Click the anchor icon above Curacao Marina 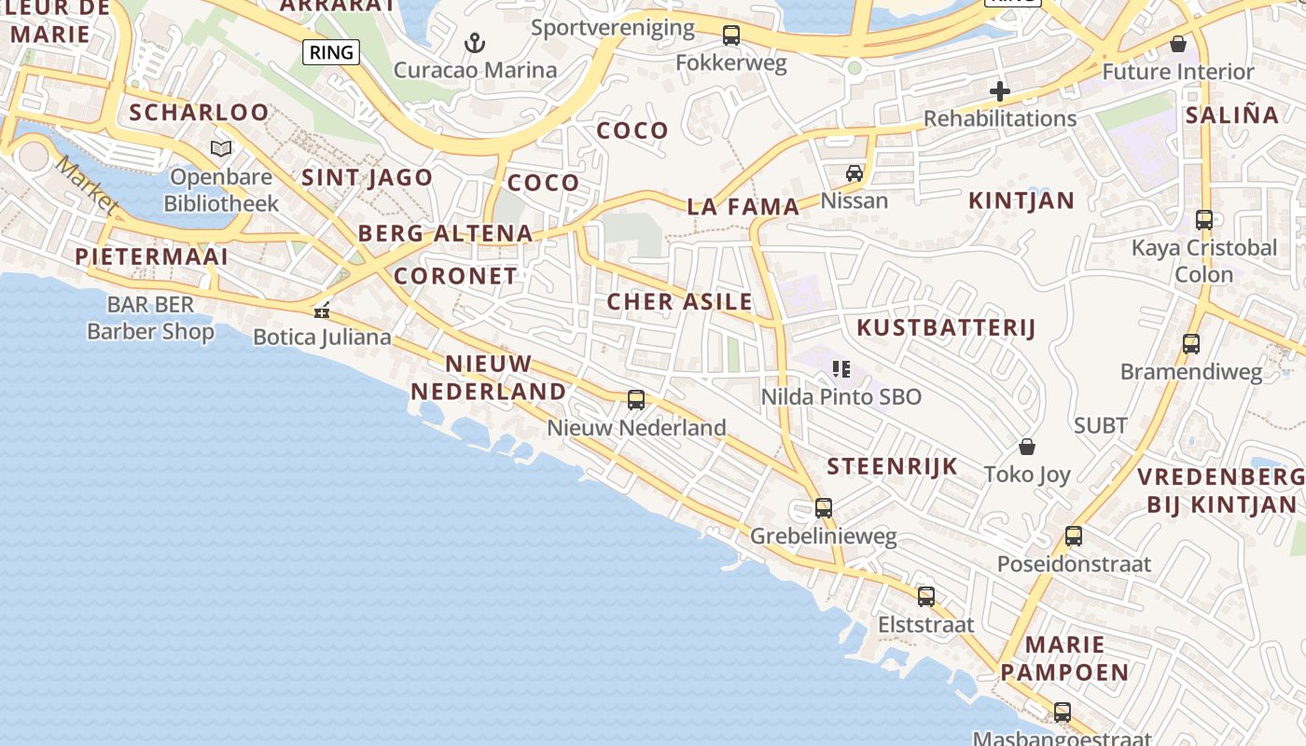click(475, 43)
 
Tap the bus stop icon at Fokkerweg click(731, 35)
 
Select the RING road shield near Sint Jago click(332, 52)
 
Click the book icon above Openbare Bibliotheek click(221, 148)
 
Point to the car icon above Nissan click(854, 173)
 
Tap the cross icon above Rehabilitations click(999, 91)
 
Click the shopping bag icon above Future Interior click(1178, 44)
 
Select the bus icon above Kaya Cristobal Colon click(1204, 220)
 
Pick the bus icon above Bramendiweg click(1191, 343)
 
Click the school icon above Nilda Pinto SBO click(841, 369)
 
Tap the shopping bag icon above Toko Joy click(1027, 447)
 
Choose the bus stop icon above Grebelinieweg click(823, 508)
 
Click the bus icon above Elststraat click(925, 597)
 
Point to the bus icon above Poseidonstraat click(1073, 536)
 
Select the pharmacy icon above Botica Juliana click(322, 311)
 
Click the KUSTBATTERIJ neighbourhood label click(946, 327)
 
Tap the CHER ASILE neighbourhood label click(679, 301)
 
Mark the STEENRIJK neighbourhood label click(892, 466)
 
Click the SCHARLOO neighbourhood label click(199, 113)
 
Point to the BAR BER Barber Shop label click(150, 318)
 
